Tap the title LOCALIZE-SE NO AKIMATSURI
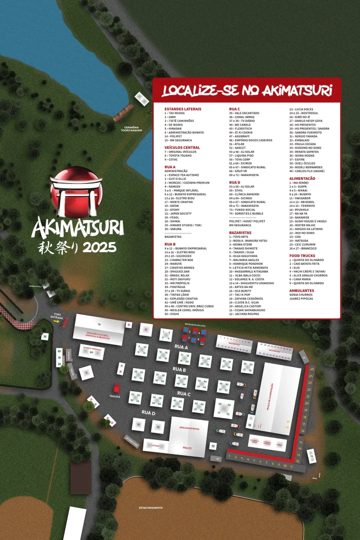coord(247,91)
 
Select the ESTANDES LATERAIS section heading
coord(179,109)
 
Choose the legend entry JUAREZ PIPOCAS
coord(301,298)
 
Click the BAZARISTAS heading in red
coord(240,232)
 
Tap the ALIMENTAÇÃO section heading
coord(302,178)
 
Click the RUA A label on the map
coord(181,347)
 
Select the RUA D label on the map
coord(148,412)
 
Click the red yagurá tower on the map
coord(117,388)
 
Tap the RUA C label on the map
coord(183,393)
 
